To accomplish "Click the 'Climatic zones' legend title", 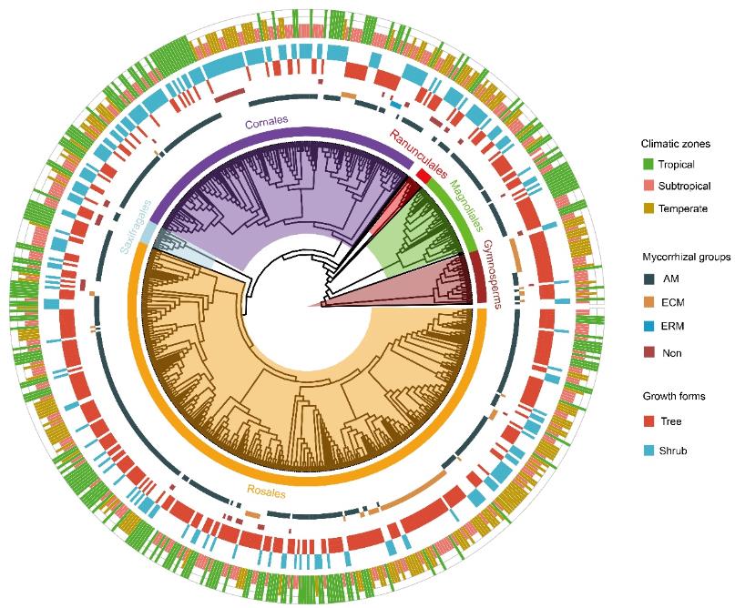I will tap(677, 144).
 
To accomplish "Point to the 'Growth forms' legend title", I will tap(675, 397).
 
